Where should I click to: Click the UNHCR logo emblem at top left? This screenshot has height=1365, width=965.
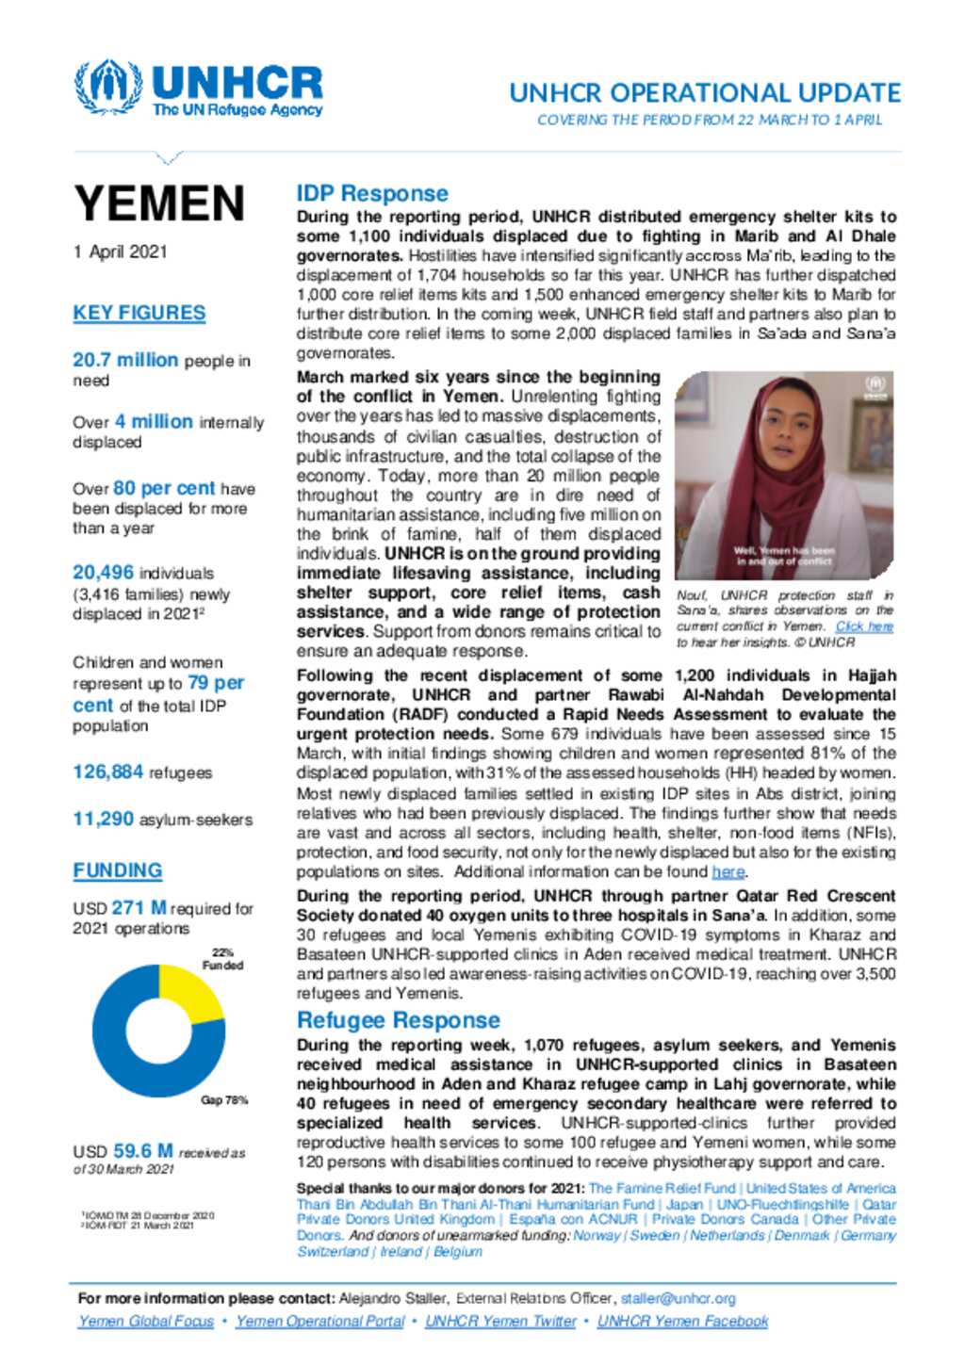108,88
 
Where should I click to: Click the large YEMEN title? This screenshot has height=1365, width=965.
159,204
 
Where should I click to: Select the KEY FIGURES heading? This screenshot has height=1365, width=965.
139,313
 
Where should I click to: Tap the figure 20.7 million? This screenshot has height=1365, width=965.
125,360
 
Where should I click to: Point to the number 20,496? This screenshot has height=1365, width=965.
103,573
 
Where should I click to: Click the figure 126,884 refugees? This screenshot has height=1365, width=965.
108,772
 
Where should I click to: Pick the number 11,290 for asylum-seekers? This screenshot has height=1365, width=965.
104,820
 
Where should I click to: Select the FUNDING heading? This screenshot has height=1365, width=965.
118,870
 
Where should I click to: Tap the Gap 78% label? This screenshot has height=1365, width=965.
224,1100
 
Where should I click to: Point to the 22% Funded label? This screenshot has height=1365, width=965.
222,959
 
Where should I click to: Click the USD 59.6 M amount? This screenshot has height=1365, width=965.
142,1151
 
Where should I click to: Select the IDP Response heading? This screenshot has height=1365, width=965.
372,193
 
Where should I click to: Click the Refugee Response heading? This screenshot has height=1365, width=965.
398,1020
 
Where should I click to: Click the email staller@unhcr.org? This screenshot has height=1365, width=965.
678,1298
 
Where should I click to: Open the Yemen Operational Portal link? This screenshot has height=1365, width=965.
320,1322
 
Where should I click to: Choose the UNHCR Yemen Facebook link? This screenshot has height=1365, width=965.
682,1322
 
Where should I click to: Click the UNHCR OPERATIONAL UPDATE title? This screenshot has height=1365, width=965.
705,93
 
